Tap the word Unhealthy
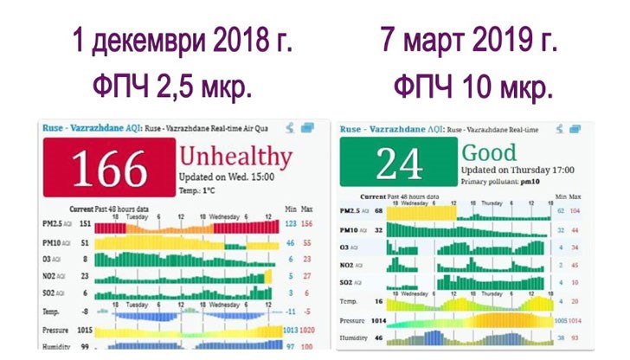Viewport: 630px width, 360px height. [235, 157]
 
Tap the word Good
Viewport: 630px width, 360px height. [492, 151]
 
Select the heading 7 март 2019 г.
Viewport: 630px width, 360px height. [469, 42]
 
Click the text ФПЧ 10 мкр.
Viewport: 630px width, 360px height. [472, 87]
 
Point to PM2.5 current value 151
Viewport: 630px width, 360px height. [86, 223]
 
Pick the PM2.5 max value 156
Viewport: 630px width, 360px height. [306, 223]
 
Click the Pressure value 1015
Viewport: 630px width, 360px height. [84, 331]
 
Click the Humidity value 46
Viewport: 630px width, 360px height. [378, 337]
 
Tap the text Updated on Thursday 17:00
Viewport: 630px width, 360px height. [511, 170]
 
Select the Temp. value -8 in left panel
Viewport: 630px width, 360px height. [86, 309]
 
